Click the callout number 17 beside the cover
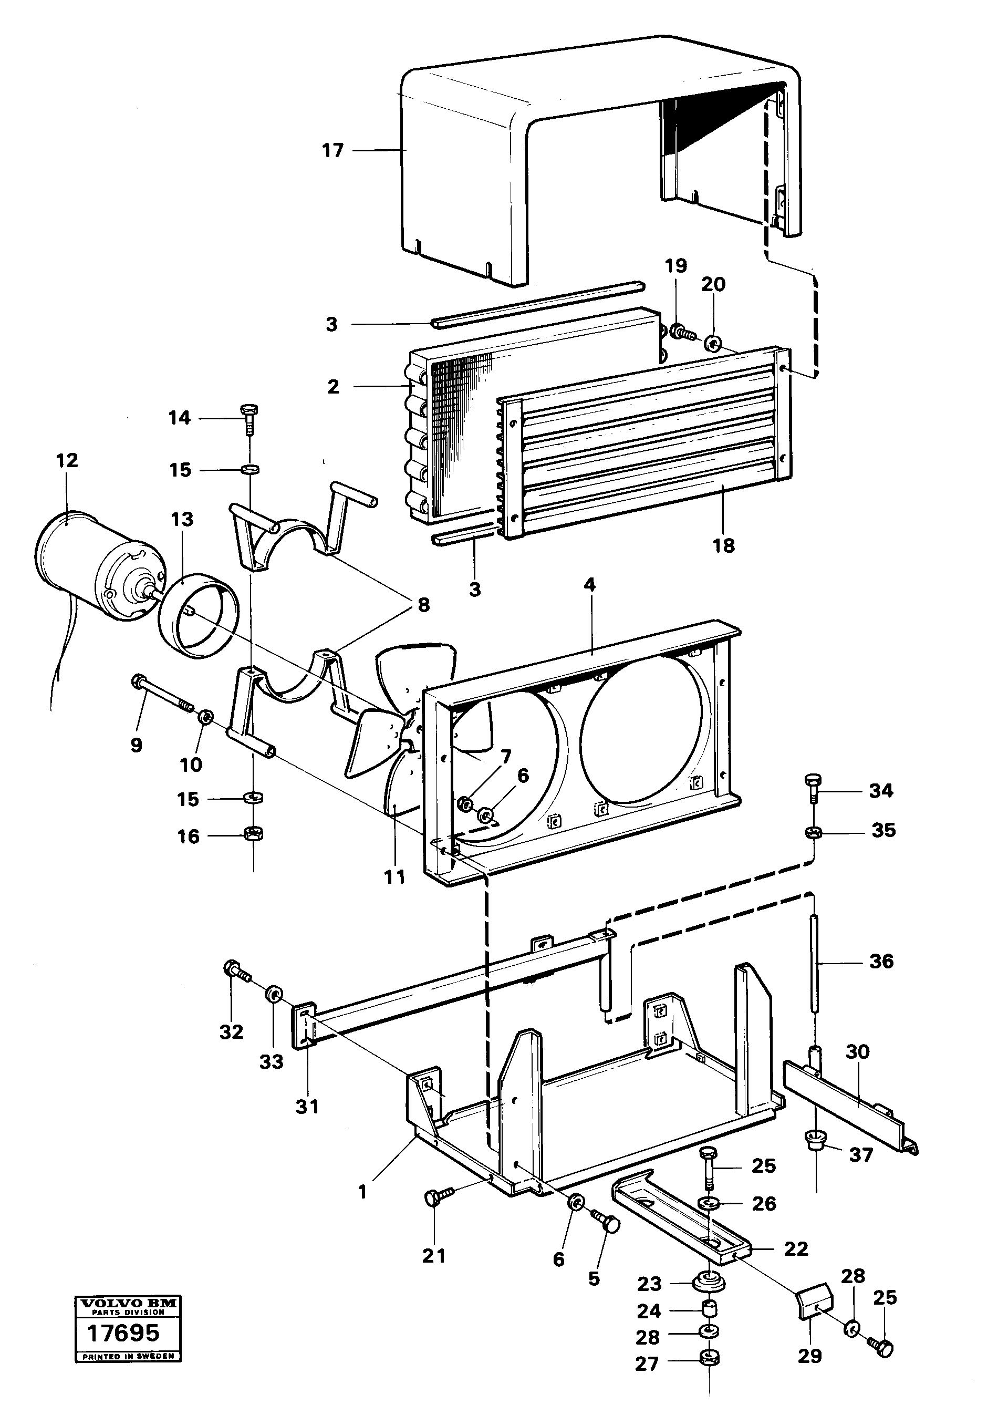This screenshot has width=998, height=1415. [332, 150]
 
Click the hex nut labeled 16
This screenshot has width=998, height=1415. [253, 835]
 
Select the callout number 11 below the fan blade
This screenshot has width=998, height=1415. [395, 876]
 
